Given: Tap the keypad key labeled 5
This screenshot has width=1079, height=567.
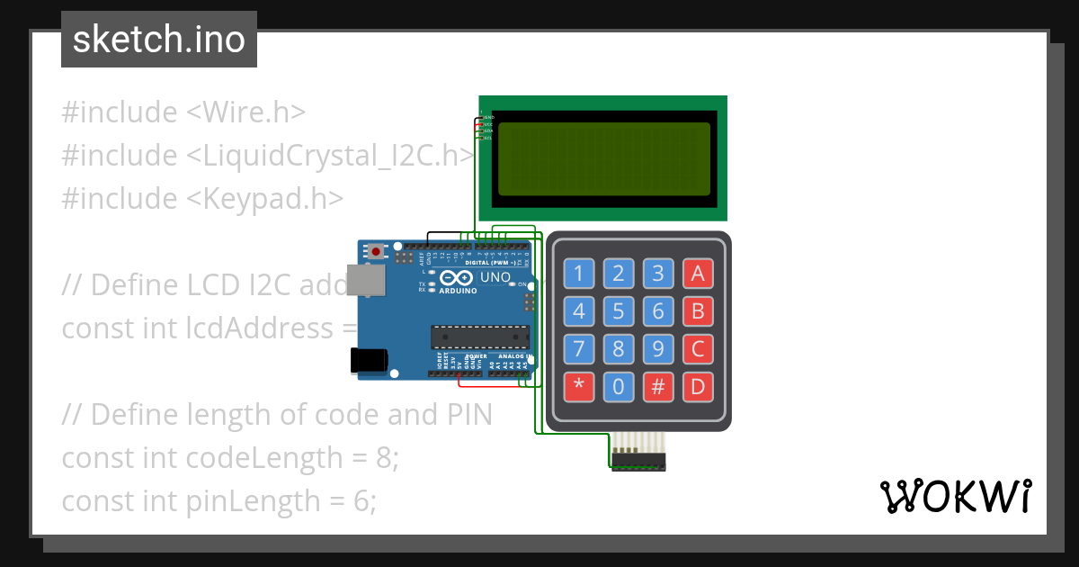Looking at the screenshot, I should pos(619,312).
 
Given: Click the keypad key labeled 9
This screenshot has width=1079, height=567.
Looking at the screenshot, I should pos(658,349).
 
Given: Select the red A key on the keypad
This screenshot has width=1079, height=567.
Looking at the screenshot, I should pos(699,274).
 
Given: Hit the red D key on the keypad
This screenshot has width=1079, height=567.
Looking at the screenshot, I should pos(699,387).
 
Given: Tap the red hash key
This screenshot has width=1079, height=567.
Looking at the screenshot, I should pos(658,387).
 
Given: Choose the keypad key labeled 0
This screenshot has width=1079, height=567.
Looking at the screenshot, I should pos(619,387).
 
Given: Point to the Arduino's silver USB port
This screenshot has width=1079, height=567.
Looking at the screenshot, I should pos(370,280).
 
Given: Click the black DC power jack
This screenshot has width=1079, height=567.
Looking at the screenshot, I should pos(368,360).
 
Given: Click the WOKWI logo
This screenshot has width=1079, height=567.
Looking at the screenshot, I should pos(955,496).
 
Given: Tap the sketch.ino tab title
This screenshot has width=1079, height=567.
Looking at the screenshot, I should pos(159,40).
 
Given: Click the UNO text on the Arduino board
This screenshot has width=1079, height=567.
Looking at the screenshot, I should pos(495,277).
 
